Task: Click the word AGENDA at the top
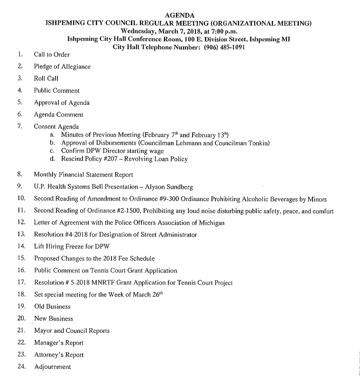(x=180, y=16)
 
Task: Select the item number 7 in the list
(x=20, y=127)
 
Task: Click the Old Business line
(x=52, y=307)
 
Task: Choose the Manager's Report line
(x=58, y=343)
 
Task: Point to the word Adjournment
(x=52, y=367)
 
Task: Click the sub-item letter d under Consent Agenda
(x=52, y=159)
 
